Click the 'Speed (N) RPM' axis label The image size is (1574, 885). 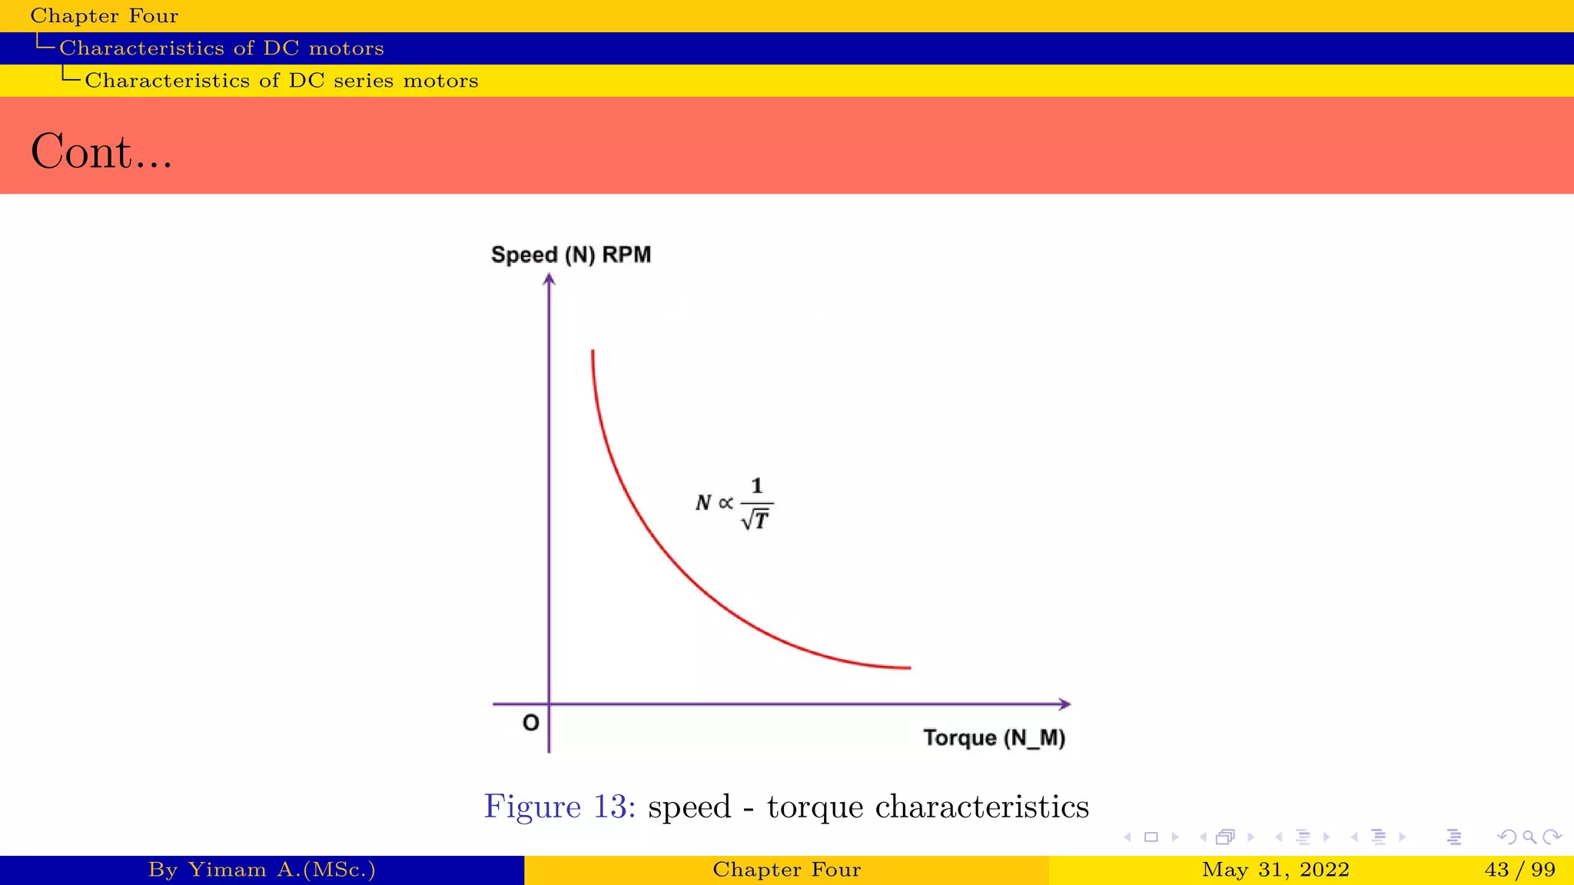[570, 255]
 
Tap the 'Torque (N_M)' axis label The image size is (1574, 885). [994, 738]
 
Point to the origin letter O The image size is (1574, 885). [530, 723]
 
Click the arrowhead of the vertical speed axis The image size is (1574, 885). [549, 280]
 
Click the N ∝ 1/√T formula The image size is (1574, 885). [734, 503]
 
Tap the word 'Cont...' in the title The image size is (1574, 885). [101, 151]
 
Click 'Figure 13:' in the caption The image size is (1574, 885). [560, 807]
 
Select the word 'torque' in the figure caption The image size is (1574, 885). [815, 807]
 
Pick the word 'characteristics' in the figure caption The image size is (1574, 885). [981, 807]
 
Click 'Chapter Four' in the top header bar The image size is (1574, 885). [104, 15]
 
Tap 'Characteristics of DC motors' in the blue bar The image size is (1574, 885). [221, 48]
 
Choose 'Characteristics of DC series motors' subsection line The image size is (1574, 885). [281, 81]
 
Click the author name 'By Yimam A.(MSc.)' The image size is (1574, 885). [261, 870]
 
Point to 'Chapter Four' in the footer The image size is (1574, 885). [786, 870]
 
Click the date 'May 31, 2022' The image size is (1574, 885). [1275, 870]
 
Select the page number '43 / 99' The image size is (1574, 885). [1519, 870]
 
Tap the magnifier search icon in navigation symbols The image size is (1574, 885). [1529, 837]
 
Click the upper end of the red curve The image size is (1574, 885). [593, 353]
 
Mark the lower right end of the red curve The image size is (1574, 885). [908, 668]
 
